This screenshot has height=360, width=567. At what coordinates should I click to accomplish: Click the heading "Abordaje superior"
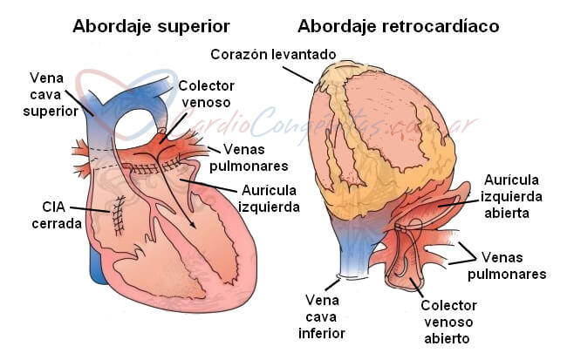pyautogui.click(x=151, y=26)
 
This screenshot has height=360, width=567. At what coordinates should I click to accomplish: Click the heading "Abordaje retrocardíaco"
pyautogui.click(x=398, y=26)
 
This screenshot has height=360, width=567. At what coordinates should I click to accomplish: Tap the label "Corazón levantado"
pyautogui.click(x=273, y=55)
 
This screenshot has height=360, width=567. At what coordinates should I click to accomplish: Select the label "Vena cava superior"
pyautogui.click(x=51, y=95)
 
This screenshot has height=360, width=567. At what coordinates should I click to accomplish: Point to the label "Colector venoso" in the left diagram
pyautogui.click(x=206, y=94)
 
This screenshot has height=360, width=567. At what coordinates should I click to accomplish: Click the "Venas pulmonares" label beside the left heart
pyautogui.click(x=249, y=158)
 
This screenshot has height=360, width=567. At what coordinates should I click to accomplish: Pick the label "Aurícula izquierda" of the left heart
pyautogui.click(x=269, y=199)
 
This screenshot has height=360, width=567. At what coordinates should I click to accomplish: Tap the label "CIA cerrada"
pyautogui.click(x=57, y=215)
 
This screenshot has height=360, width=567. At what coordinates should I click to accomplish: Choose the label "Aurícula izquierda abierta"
pyautogui.click(x=511, y=196)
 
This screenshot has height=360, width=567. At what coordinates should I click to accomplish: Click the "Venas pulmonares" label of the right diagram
pyautogui.click(x=507, y=266)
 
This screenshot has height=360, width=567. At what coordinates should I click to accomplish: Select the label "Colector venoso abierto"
pyautogui.click(x=448, y=322)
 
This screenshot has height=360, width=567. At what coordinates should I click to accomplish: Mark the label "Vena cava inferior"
pyautogui.click(x=322, y=316)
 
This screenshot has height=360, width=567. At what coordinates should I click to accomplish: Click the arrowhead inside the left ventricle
pyautogui.click(x=192, y=224)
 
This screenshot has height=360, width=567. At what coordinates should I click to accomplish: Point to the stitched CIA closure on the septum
pyautogui.click(x=119, y=216)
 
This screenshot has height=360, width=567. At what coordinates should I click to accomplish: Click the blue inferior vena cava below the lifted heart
pyautogui.click(x=353, y=249)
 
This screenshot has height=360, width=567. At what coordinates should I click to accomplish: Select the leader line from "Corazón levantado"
pyautogui.click(x=298, y=75)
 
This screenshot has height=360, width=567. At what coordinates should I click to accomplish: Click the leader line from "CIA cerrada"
pyautogui.click(x=90, y=210)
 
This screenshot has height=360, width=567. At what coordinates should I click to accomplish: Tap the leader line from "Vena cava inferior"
pyautogui.click(x=332, y=284)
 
